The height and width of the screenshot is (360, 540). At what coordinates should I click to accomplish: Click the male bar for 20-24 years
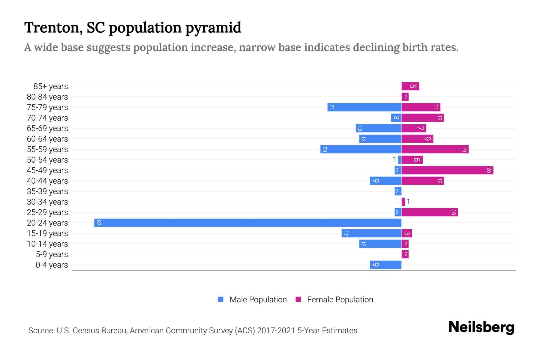(x=248, y=223)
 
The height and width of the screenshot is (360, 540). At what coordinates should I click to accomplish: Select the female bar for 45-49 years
(x=447, y=170)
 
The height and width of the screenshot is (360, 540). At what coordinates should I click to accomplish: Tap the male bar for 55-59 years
(x=361, y=149)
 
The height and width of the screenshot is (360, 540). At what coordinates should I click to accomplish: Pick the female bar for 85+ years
(x=410, y=86)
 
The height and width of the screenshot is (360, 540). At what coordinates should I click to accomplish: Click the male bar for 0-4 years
(x=385, y=265)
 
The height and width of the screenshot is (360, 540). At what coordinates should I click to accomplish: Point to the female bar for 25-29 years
(x=430, y=212)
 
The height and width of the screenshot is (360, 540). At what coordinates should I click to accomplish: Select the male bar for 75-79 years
(x=364, y=107)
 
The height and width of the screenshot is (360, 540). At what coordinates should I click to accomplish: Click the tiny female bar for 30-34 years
(x=403, y=202)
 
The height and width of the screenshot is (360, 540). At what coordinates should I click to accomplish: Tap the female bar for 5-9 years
(x=405, y=254)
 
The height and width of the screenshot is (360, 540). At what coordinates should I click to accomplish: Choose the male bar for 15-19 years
(x=371, y=233)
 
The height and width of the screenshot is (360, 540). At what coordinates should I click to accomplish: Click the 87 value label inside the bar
(x=98, y=223)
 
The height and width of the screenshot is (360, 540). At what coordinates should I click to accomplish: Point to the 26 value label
(x=489, y=170)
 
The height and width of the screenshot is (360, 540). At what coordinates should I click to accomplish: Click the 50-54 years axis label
(x=47, y=160)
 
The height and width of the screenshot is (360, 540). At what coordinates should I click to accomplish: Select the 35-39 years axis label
(x=47, y=191)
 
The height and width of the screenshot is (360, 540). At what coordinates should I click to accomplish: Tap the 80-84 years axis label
(x=47, y=97)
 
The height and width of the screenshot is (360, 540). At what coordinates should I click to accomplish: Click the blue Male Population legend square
(x=221, y=299)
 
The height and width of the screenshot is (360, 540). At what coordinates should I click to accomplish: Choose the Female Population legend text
(x=340, y=300)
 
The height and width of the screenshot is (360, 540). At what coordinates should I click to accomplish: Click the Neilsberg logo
(x=481, y=328)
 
